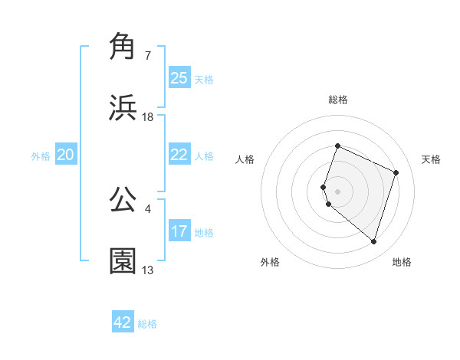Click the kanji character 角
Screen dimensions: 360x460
point(123,47)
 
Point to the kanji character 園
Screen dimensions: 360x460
point(123,261)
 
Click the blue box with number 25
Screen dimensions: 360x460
point(179,77)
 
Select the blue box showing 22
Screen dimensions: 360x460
point(179,155)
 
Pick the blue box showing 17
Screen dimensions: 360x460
point(179,231)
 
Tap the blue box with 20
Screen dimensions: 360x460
point(66,155)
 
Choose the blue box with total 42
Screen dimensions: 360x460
point(123,322)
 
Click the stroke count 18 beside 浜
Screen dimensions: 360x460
point(148,117)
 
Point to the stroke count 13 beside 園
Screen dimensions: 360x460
point(148,270)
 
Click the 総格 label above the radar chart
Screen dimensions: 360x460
point(337,100)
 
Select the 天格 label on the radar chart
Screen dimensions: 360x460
point(431,159)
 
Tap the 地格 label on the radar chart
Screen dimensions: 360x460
point(402,262)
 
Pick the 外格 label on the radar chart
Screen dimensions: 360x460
point(270,262)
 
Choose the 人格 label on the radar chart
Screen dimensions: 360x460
point(245,159)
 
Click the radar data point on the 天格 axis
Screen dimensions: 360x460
point(396,172)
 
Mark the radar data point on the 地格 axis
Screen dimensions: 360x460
point(373,242)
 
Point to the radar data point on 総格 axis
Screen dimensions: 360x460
point(337,146)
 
